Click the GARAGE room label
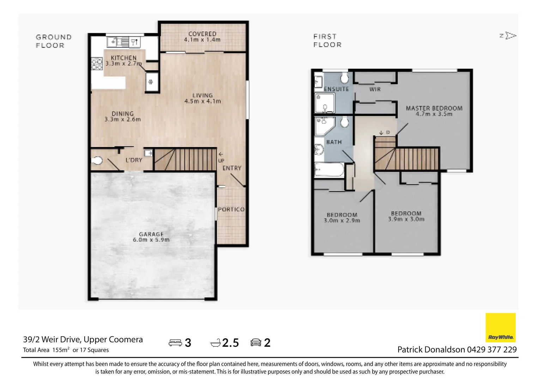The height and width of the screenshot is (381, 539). [151, 234]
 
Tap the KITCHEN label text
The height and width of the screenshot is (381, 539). [123, 58]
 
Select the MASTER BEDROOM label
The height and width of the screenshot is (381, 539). [434, 108]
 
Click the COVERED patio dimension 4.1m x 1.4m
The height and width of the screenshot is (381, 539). [202, 40]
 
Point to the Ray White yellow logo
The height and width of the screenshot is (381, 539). [500, 327]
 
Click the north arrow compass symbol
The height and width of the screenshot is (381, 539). [508, 36]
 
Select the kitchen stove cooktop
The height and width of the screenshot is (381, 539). [97, 64]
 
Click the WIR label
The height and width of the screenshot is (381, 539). [375, 89]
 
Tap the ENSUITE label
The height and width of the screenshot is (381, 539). [336, 89]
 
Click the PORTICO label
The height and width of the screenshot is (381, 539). [231, 209]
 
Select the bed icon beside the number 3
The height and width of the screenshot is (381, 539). [175, 343]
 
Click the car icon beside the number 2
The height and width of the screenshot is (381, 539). [255, 343]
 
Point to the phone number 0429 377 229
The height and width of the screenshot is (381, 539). [492, 350]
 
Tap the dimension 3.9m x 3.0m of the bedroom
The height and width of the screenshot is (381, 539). [406, 219]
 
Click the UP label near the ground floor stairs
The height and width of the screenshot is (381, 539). [221, 161]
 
